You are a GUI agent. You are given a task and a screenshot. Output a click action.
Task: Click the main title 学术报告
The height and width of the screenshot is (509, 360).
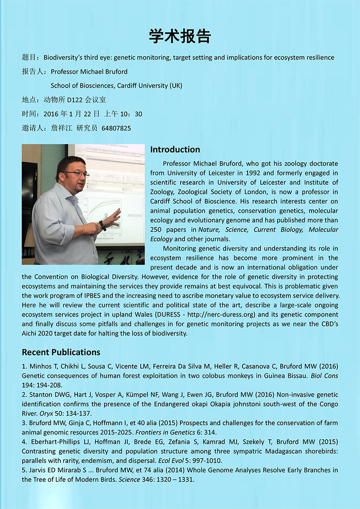[180, 36]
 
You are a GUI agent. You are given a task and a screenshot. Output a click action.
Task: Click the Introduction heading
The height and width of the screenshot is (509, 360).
[175, 150]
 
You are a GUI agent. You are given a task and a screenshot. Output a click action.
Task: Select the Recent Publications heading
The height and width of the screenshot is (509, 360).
[61, 352]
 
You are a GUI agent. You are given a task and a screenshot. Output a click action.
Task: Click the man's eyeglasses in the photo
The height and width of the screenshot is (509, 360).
[76, 174]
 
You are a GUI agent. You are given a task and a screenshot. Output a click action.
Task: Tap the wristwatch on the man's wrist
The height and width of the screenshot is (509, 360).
[102, 225]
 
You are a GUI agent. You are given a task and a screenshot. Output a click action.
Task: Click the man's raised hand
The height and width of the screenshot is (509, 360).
[114, 217]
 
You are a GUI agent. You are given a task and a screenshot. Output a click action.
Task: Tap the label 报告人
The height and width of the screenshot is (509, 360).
[33, 72]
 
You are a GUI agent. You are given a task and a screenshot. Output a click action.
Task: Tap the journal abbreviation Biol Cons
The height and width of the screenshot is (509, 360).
[324, 375]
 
